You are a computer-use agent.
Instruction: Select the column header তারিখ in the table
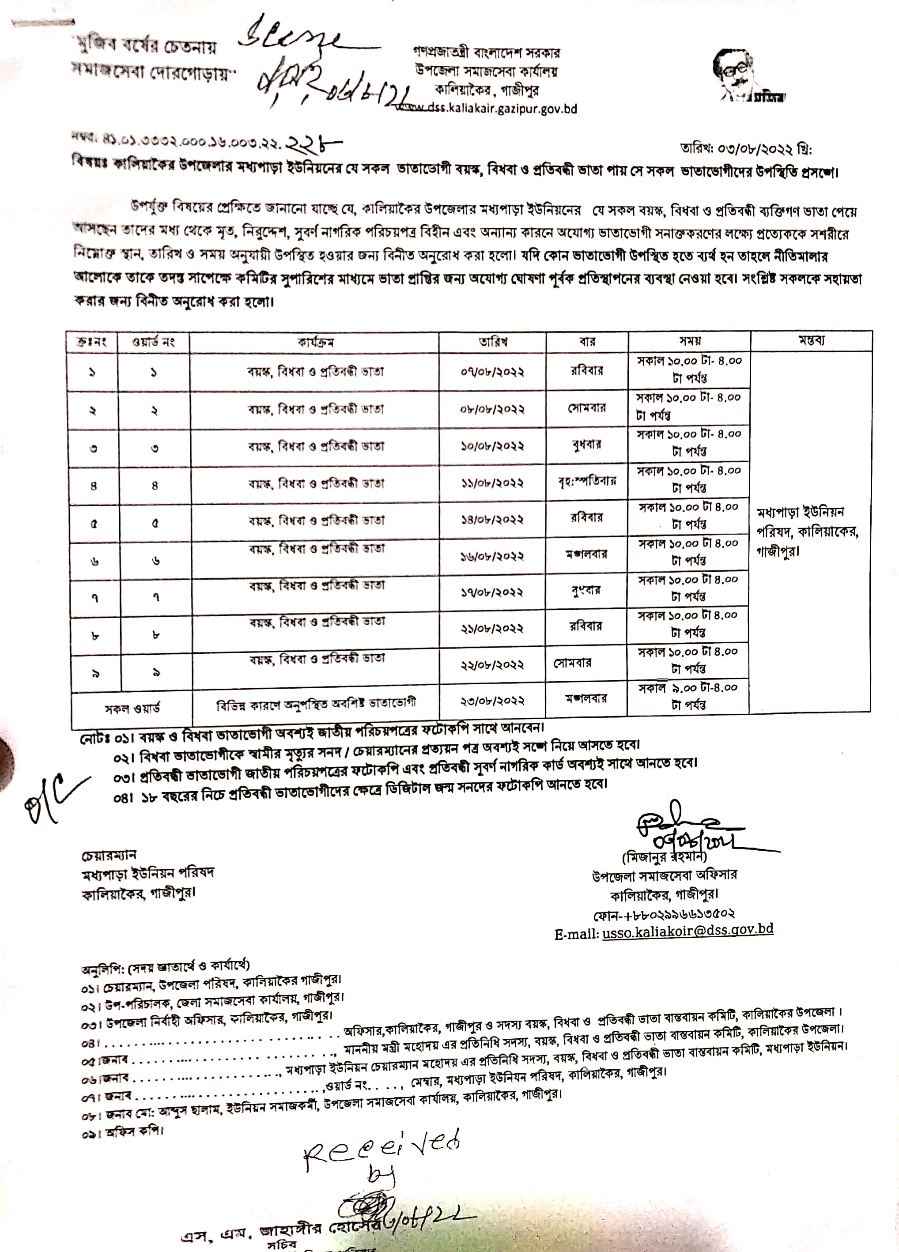[493, 342]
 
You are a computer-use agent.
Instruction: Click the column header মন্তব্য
[811, 341]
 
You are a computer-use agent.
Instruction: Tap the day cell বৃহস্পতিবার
[587, 481]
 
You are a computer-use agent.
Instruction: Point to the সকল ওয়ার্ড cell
[132, 708]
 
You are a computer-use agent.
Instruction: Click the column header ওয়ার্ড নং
[154, 342]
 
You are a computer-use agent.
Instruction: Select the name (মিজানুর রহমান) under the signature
[664, 857]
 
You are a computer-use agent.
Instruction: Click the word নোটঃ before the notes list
[95, 738]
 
